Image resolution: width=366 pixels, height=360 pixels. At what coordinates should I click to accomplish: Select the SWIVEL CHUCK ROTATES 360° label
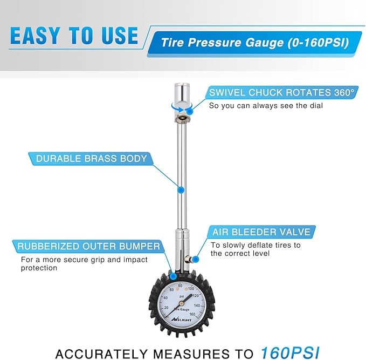point(281,92)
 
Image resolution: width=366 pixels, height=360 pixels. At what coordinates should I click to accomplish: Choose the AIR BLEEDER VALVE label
point(261,232)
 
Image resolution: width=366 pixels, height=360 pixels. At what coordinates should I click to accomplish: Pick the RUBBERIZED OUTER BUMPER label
point(89,247)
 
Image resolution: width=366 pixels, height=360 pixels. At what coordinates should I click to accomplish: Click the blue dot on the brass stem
point(181,189)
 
